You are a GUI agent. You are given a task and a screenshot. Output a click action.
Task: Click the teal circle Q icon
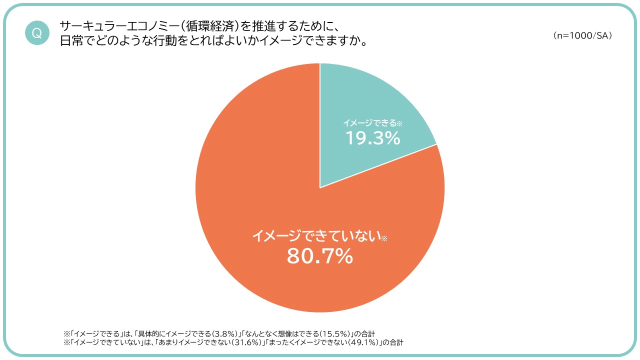[36, 33]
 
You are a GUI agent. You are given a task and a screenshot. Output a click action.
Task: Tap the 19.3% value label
[373, 138]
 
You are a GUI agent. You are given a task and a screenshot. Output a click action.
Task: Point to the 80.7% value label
[320, 256]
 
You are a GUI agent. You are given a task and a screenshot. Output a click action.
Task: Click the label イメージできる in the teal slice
[369, 122]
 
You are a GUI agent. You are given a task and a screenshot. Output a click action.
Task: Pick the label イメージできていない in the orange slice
[316, 236]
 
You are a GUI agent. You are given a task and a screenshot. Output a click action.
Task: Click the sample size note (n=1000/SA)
[582, 36]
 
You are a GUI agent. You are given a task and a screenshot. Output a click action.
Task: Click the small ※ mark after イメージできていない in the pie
[384, 239]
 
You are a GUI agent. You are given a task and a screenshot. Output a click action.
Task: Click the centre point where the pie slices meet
[320, 188]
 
